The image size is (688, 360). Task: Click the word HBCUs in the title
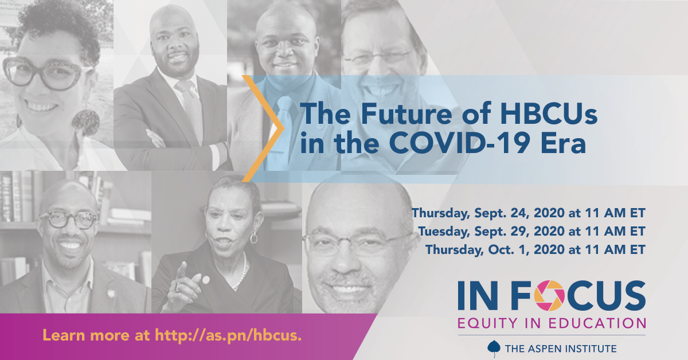(x=549, y=114)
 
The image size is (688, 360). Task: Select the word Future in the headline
(x=406, y=114)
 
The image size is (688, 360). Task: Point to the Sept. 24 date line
(x=528, y=213)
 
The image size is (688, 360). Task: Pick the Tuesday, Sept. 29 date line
(x=531, y=232)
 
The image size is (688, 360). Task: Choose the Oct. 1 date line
(x=535, y=250)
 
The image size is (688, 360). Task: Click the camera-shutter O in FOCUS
(x=549, y=295)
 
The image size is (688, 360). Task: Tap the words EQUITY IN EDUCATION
(x=552, y=323)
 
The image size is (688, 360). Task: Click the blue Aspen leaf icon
(x=494, y=348)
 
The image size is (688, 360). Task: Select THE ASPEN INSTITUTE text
(x=561, y=349)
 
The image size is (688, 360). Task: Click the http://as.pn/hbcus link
(x=228, y=335)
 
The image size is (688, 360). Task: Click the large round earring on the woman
(x=87, y=123)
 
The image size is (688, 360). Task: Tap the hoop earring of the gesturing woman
(x=253, y=237)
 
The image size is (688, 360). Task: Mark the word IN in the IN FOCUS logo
(x=478, y=295)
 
